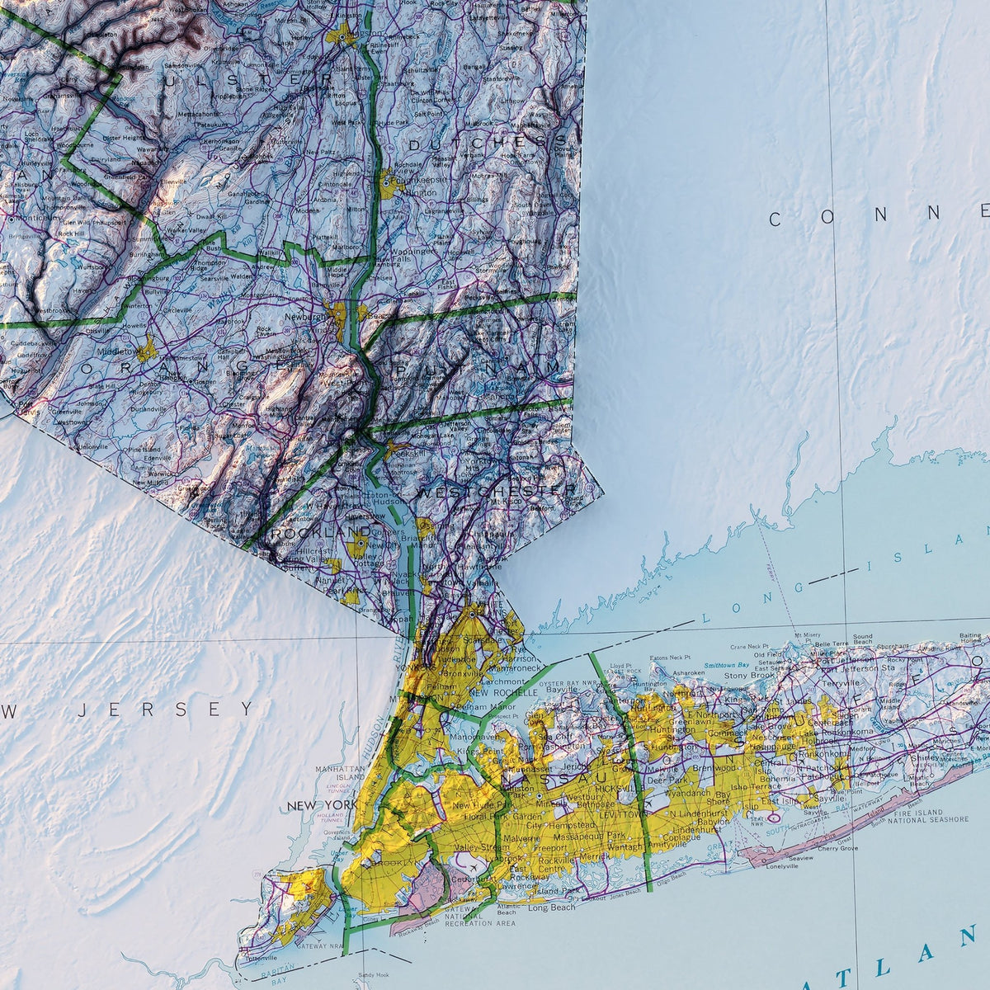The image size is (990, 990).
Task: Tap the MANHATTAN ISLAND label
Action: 340,773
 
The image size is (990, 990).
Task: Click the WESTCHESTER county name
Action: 497,491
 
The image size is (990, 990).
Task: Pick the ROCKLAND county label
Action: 310,533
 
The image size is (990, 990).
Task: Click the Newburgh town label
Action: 307,316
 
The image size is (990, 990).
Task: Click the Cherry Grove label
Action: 838,847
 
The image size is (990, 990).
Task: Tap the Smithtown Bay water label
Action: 728,664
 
